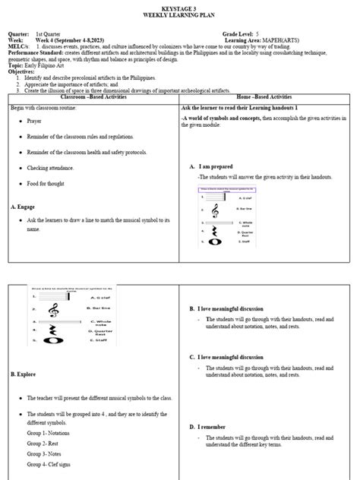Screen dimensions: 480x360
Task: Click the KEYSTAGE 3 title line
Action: coord(180,5)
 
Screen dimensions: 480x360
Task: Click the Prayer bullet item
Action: coord(35,121)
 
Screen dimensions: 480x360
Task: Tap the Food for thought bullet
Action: coord(48,183)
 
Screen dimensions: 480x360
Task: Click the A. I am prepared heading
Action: coord(216,166)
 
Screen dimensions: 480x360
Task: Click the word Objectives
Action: coord(23,72)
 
